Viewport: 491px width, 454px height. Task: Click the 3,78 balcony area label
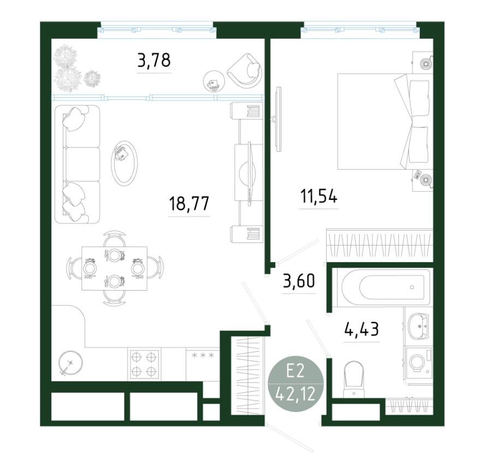(x=154, y=61)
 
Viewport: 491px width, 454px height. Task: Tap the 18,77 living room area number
(x=189, y=203)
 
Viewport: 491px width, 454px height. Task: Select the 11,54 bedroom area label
(x=319, y=197)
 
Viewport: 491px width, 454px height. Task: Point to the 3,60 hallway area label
(x=299, y=281)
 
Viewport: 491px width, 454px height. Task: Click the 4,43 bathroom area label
(x=362, y=329)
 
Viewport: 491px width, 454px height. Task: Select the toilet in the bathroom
(x=353, y=380)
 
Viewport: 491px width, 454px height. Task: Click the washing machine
(x=419, y=362)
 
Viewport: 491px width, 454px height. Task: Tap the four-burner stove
(x=144, y=364)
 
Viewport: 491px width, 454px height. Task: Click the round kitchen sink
(x=71, y=363)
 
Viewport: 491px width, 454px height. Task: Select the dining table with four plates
(x=114, y=268)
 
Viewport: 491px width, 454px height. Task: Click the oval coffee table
(x=125, y=163)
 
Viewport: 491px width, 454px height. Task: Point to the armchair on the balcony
(x=245, y=71)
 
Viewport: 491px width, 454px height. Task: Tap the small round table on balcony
(x=214, y=81)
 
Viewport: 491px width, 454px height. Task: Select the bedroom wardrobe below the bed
(x=380, y=245)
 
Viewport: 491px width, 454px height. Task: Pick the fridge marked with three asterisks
(x=203, y=364)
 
